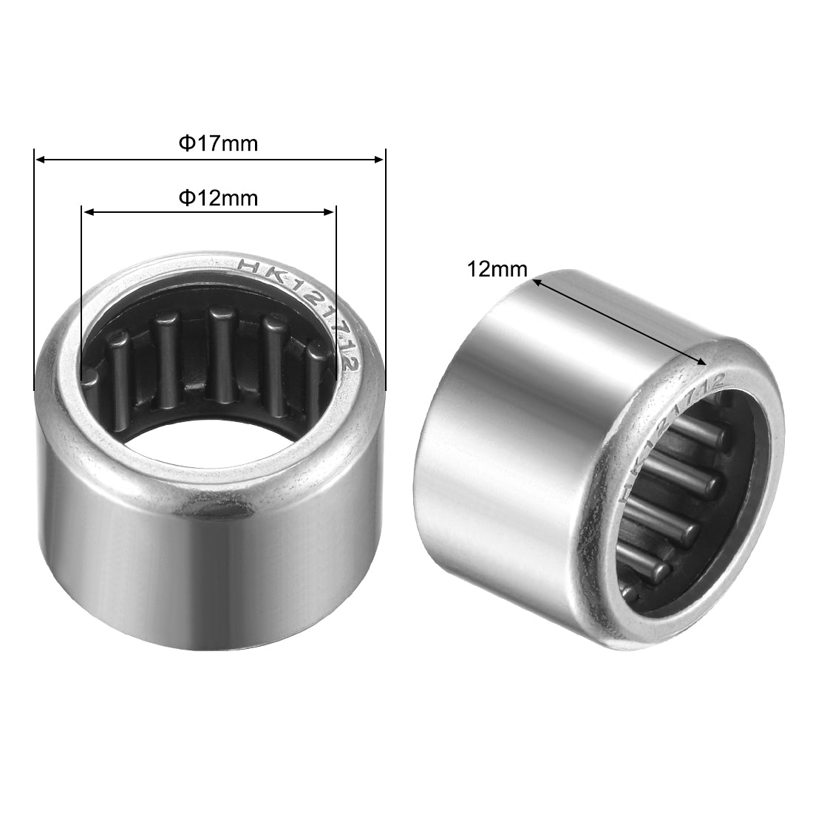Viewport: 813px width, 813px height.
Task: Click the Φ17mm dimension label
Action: click(219, 143)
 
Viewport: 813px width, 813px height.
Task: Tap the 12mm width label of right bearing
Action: click(497, 270)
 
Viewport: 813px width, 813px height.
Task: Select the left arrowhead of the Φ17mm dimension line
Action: click(41, 159)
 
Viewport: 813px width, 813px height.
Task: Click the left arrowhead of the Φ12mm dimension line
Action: click(87, 213)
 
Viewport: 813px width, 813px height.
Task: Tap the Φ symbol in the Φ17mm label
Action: click(186, 143)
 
